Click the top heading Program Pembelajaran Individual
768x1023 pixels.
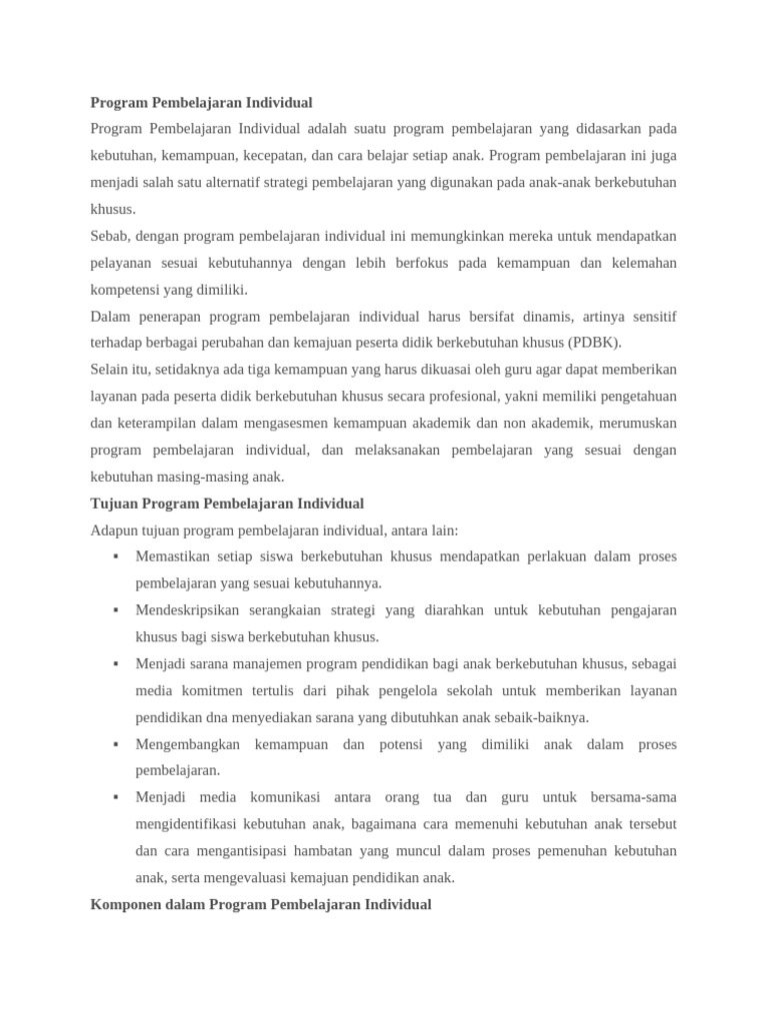[x=201, y=103]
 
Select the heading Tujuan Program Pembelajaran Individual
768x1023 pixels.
[x=227, y=504]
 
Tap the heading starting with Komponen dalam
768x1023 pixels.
[x=261, y=904]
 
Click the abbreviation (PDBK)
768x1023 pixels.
[x=595, y=343]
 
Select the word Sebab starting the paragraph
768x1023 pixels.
[x=110, y=237]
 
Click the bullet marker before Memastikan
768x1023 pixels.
[x=116, y=556]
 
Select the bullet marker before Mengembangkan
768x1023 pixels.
[x=116, y=744]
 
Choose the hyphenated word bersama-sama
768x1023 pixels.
[x=633, y=797]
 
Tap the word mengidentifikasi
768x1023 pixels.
[x=192, y=824]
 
